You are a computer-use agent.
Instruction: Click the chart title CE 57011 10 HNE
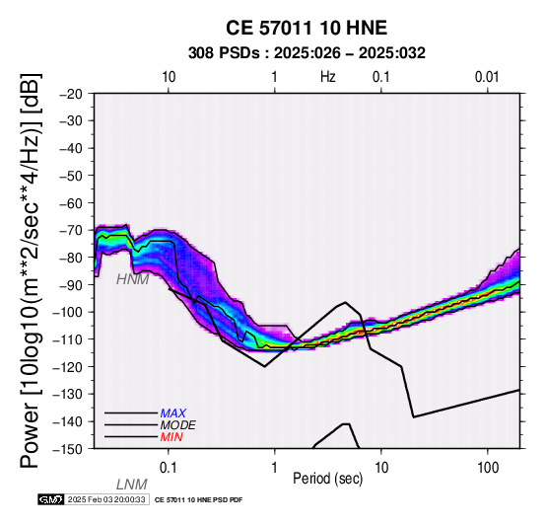[x=307, y=28]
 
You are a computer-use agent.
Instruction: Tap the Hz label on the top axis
[x=327, y=77]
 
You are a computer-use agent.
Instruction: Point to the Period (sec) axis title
[x=327, y=479]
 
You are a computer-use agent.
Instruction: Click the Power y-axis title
[x=31, y=270]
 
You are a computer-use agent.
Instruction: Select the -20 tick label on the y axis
[x=71, y=94]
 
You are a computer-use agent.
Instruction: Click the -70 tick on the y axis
[x=71, y=231]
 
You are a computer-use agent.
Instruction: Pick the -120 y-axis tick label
[x=68, y=367]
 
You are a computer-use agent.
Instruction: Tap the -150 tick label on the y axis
[x=68, y=449]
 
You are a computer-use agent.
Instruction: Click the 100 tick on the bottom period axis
[x=488, y=468]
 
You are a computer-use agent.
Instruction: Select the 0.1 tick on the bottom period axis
[x=169, y=468]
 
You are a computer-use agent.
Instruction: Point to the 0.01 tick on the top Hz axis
[x=487, y=77]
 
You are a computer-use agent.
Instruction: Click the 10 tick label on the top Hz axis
[x=169, y=77]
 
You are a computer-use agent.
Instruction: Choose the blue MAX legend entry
[x=173, y=413]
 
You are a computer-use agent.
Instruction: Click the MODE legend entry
[x=178, y=425]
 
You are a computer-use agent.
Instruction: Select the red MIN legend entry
[x=171, y=437]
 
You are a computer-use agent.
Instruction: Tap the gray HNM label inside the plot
[x=133, y=279]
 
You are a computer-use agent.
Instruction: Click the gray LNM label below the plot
[x=132, y=485]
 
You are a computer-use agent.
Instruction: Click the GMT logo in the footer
[x=51, y=499]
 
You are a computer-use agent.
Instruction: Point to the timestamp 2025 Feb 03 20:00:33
[x=106, y=499]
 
